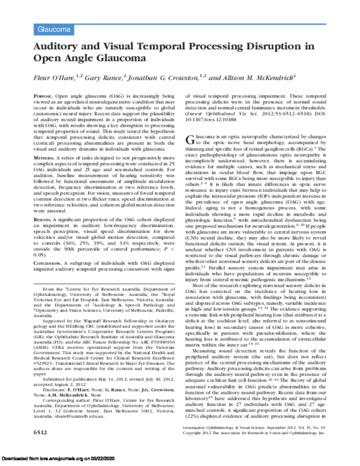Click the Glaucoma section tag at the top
(50, 29)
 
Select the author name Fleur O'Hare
(49, 77)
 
